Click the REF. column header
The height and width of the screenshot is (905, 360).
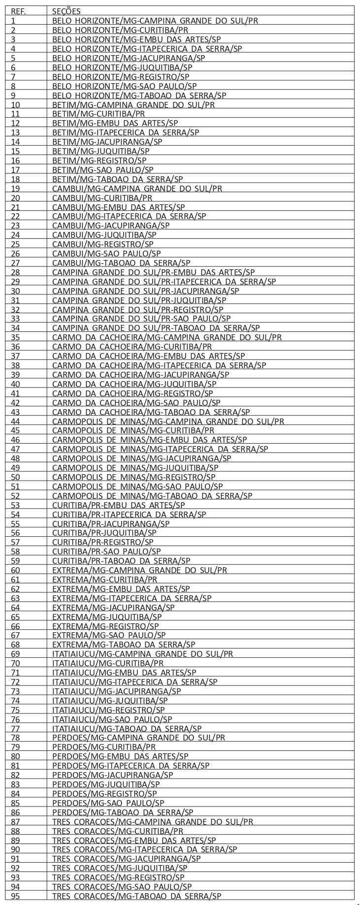coord(18,11)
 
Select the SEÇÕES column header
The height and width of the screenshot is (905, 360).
coord(66,11)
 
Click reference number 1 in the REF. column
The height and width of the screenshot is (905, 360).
coord(13,21)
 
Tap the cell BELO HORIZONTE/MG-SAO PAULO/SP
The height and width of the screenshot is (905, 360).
coord(124,86)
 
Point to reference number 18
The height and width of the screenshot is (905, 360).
coord(15,179)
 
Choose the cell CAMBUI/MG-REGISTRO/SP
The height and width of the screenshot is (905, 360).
coord(103,244)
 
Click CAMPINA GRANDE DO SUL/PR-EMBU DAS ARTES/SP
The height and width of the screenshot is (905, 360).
coord(153,272)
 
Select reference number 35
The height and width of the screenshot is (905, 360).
coord(15,337)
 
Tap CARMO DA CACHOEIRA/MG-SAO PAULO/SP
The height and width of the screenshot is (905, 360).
coord(143,402)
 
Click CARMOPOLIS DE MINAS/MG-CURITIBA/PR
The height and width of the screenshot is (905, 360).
coord(133,430)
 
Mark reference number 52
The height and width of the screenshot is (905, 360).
coord(15,495)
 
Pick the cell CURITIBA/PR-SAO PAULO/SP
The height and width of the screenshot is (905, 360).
coord(106,551)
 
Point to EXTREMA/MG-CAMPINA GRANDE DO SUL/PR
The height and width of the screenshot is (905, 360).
coord(139,570)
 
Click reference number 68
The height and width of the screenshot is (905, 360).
coord(15,645)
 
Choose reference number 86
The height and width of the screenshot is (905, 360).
coord(15,812)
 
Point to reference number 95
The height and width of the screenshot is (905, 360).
coord(15,896)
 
